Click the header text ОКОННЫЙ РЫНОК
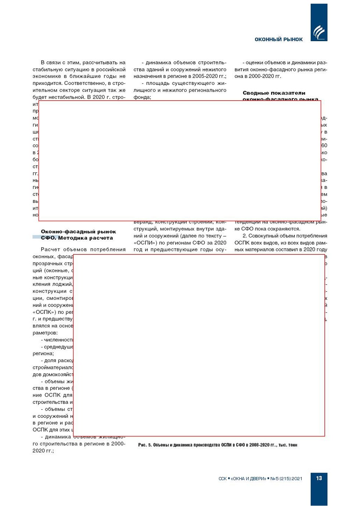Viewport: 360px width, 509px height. [278, 39]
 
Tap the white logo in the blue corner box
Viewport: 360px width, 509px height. [318, 32]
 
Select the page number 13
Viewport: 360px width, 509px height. [319, 478]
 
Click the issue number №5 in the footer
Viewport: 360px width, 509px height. [275, 478]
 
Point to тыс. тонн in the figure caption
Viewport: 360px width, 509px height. [288, 445]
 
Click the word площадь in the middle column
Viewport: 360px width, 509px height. [158, 83]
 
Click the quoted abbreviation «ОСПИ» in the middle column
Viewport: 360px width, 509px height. [145, 243]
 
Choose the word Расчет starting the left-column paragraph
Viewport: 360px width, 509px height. [50, 250]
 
